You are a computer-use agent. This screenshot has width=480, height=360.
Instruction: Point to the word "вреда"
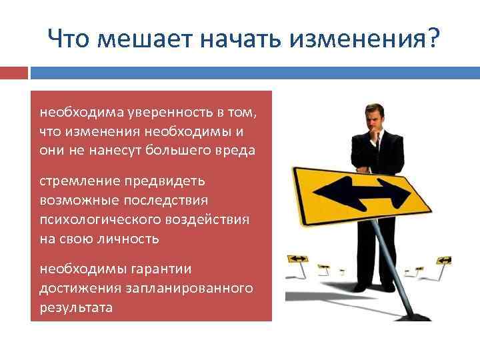237,150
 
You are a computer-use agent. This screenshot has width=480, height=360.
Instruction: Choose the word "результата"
76,307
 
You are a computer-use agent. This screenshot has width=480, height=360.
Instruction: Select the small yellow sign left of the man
297,259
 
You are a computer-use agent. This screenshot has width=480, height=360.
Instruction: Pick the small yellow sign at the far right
443,259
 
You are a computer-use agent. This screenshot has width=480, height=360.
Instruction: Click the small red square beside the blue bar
14,73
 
